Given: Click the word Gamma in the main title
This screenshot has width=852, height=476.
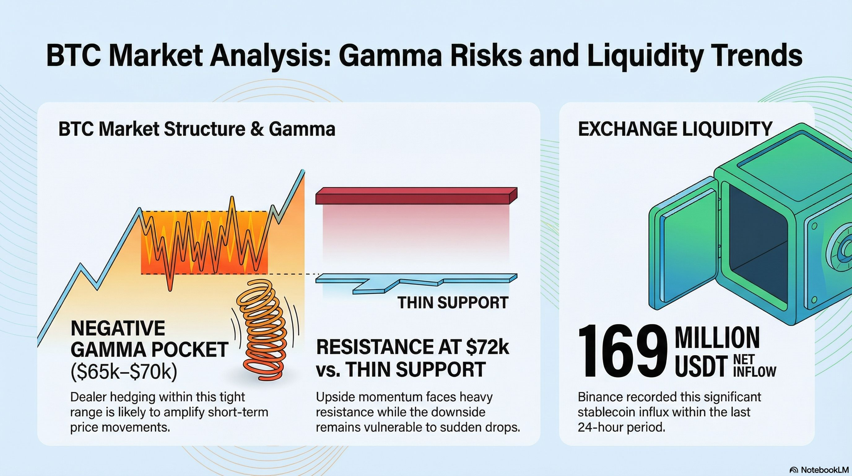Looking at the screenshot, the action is click(x=389, y=56).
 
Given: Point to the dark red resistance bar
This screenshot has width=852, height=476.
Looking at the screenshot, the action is click(x=416, y=195).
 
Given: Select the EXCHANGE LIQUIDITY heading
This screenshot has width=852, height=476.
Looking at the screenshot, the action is click(x=675, y=129).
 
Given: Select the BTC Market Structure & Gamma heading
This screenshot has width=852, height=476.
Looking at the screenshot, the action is click(x=197, y=129).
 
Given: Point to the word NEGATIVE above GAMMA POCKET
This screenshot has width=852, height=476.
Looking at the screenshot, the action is click(x=118, y=328).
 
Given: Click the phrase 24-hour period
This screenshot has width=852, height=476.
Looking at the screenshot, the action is click(x=621, y=427).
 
